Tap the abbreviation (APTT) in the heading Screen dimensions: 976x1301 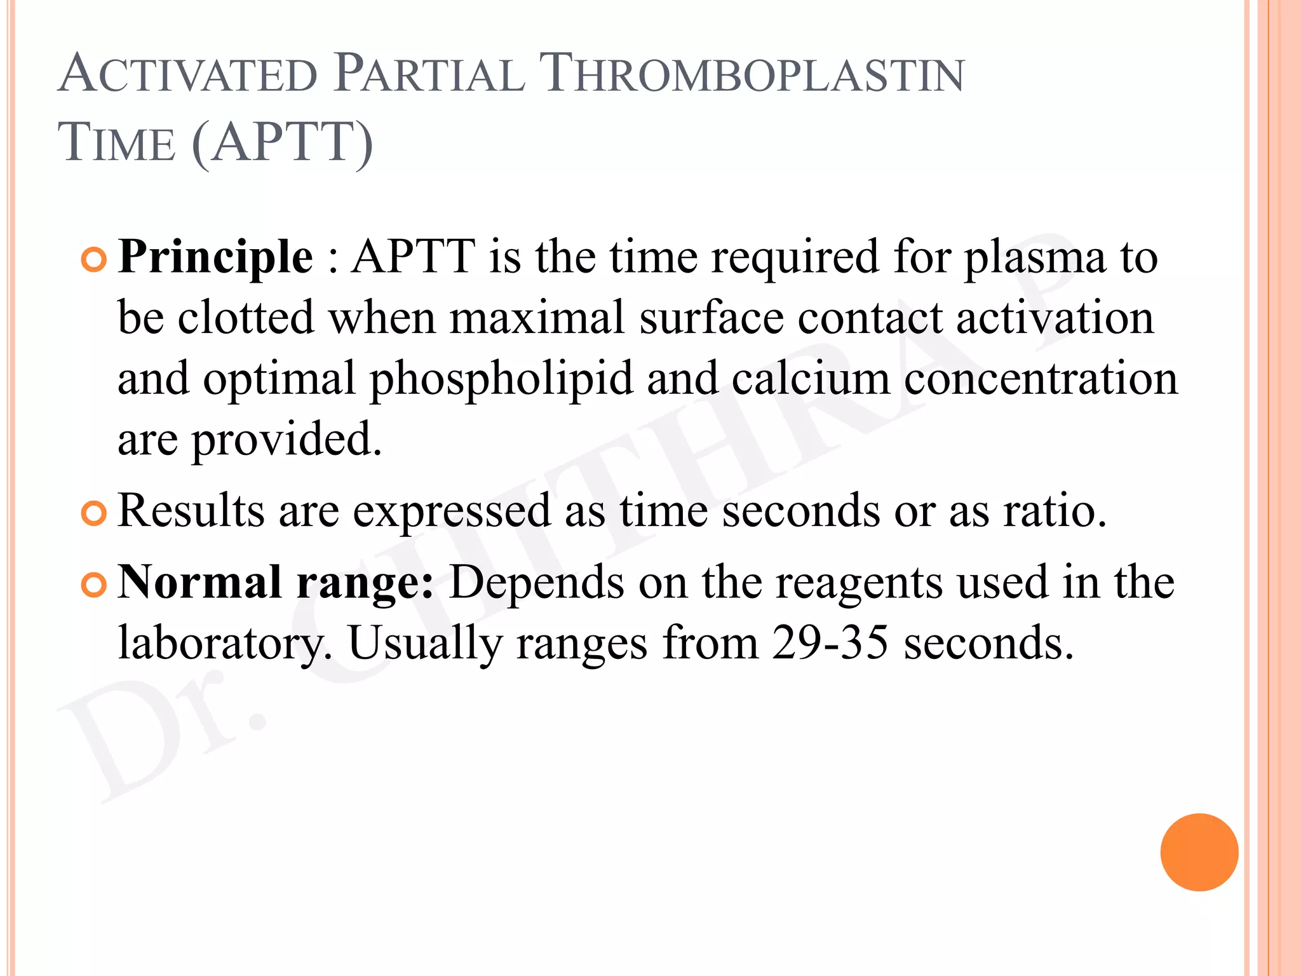coord(282,143)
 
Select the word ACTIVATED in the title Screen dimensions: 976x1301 coord(188,75)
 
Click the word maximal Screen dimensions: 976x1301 coord(537,318)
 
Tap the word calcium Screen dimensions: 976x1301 coord(811,379)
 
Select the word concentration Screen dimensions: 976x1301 coord(1041,379)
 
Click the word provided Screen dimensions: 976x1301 coord(287,440)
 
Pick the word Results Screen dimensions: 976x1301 coord(191,510)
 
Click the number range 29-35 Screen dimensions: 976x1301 coord(830,642)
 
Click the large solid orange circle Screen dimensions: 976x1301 coord(1199,852)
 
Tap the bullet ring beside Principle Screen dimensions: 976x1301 coord(94,260)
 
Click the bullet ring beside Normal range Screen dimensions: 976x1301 coord(94,585)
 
